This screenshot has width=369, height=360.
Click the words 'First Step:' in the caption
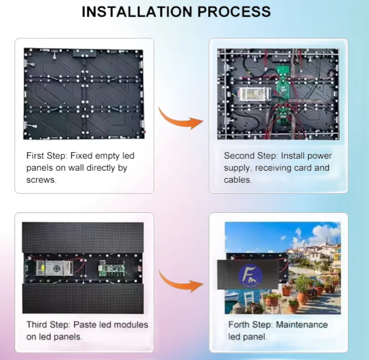(48, 156)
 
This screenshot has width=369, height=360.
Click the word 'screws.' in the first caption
(42, 180)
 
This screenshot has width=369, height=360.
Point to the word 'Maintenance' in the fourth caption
(302, 325)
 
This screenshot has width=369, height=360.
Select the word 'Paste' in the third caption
(86, 325)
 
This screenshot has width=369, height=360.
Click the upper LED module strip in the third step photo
(83, 237)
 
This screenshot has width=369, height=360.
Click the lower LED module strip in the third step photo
(83, 298)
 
